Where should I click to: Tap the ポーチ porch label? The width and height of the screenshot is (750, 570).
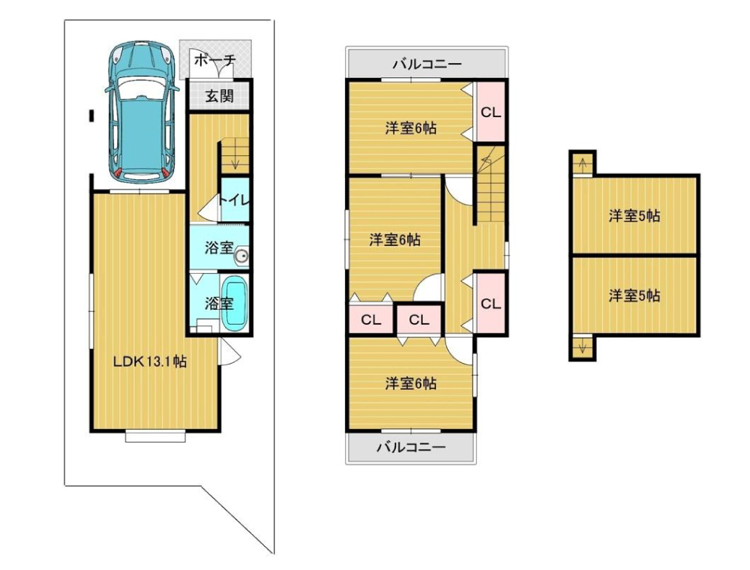[215, 61]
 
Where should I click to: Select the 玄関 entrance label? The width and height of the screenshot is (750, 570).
[220, 96]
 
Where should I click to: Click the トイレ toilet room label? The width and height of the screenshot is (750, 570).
[234, 200]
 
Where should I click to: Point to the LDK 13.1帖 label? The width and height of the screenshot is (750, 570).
[150, 361]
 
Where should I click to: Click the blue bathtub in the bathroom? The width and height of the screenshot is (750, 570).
[235, 303]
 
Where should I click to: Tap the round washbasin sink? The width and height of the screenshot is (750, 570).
[241, 256]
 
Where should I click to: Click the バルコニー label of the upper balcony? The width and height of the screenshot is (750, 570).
[427, 64]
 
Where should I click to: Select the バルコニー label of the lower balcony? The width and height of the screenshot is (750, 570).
[411, 447]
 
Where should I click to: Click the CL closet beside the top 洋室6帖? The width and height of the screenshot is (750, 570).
[490, 112]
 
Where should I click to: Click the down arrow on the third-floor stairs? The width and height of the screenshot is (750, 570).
[582, 347]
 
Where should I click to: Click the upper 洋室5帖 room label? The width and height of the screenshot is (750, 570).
[634, 216]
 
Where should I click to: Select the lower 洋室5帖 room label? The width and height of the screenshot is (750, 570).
[634, 295]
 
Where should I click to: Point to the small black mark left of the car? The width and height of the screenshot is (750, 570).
[91, 115]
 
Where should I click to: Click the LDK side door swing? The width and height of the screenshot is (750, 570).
[229, 352]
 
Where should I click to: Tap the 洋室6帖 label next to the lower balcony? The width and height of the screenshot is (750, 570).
[411, 383]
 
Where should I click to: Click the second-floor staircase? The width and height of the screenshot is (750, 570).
[491, 183]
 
